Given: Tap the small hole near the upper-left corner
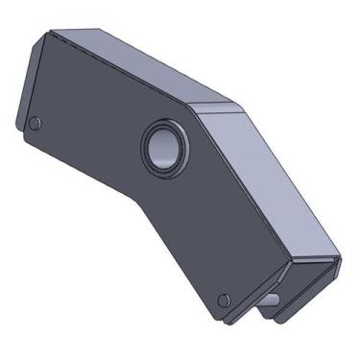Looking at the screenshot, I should point(36,124).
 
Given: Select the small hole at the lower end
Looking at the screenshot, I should point(224,300).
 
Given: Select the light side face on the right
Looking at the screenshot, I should point(278,182).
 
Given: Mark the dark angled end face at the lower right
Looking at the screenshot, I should point(307,278).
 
